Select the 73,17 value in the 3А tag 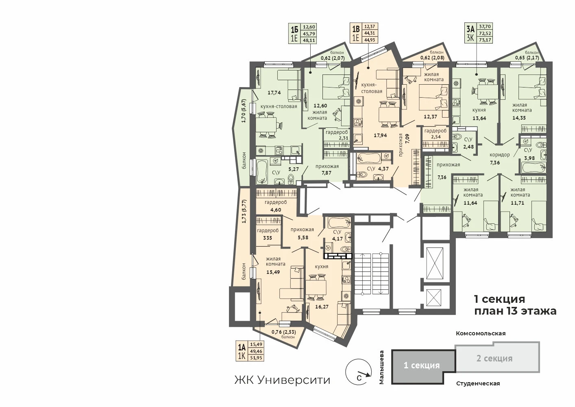[x=485, y=39]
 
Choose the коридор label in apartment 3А [x=499, y=155]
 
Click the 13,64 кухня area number [x=479, y=118]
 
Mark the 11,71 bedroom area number [x=517, y=203]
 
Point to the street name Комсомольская [x=481, y=333]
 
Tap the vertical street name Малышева [x=381, y=367]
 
